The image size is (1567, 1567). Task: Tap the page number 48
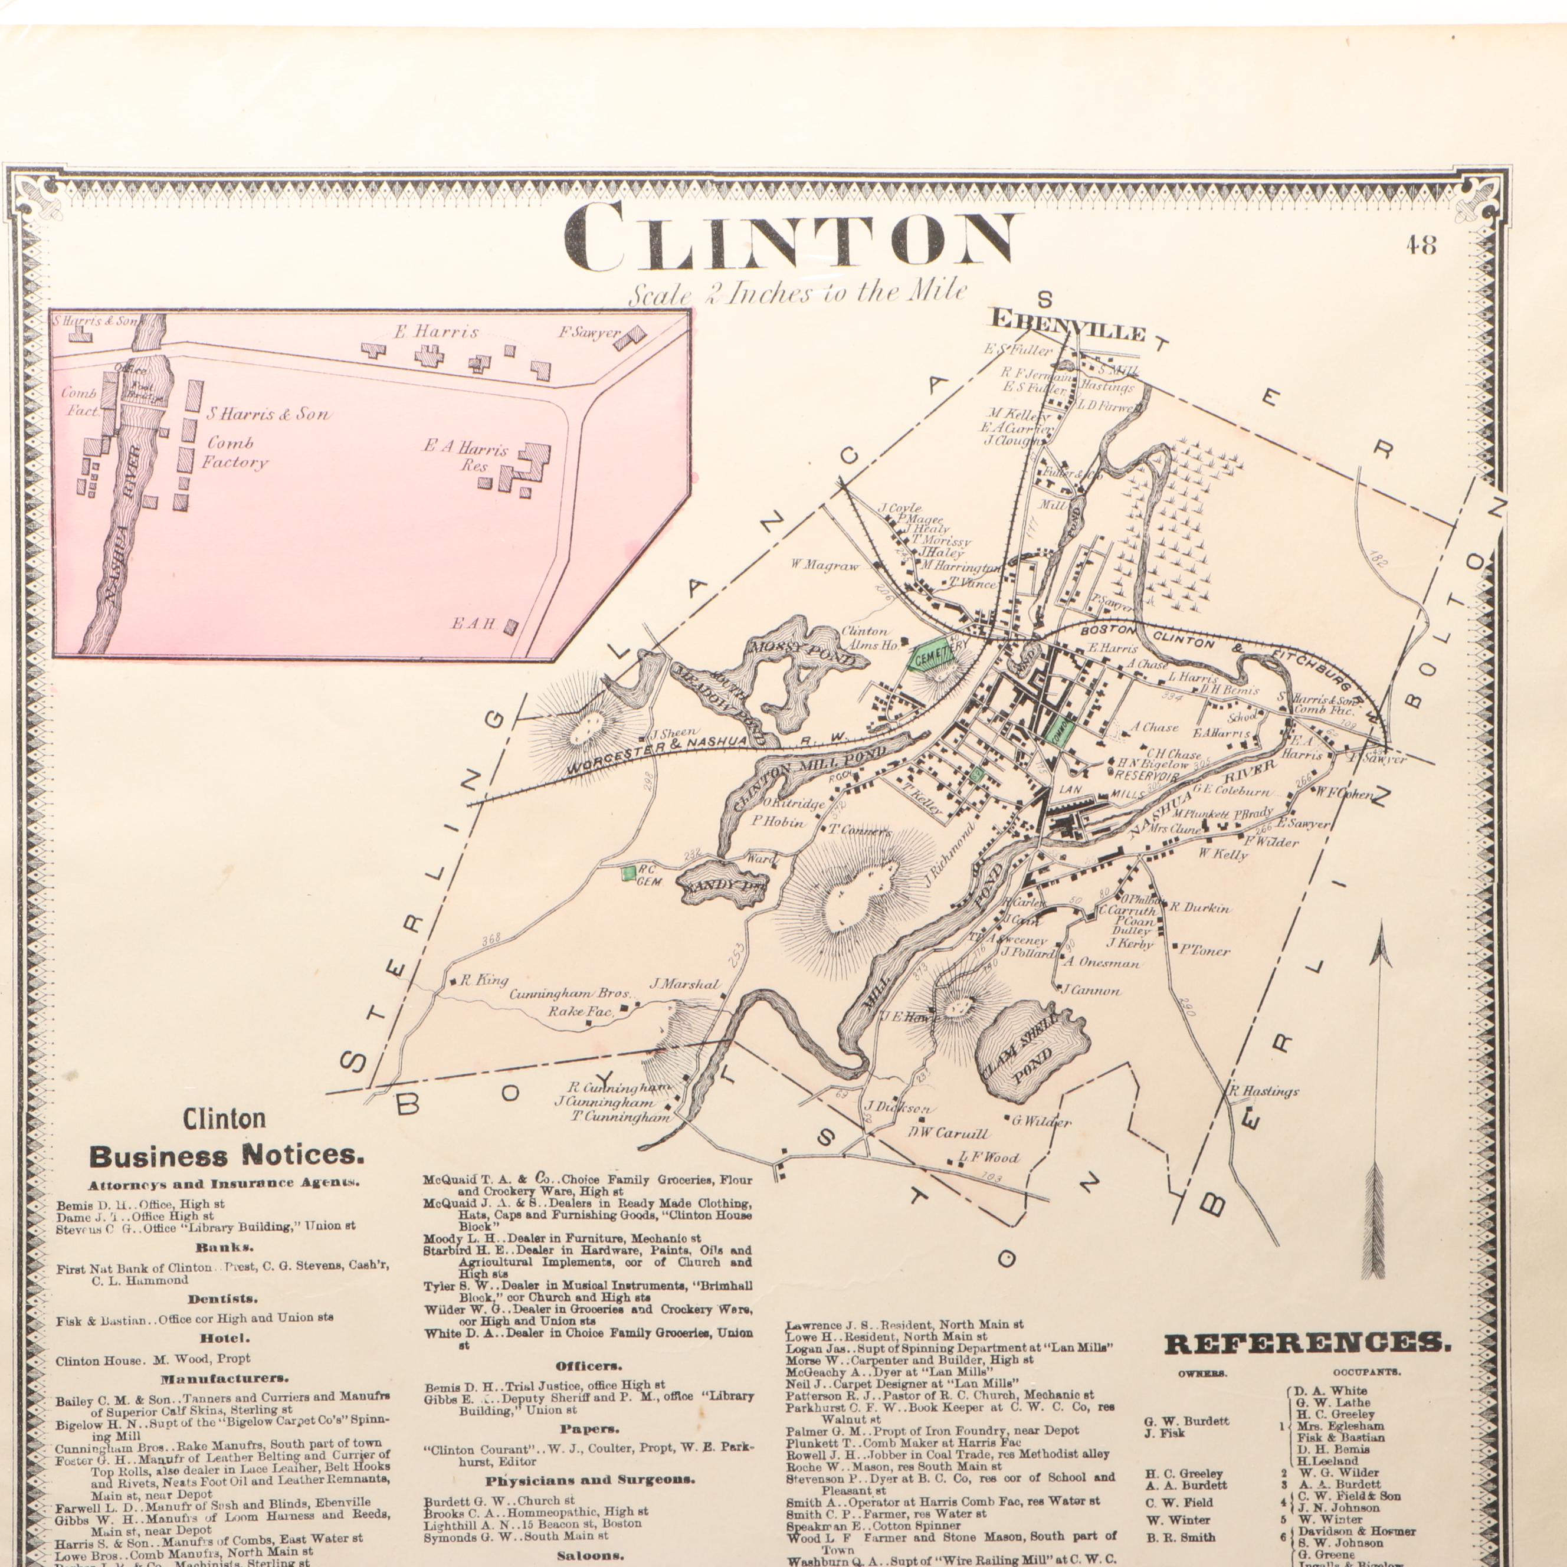coord(1421,245)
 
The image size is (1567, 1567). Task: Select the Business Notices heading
coord(227,1155)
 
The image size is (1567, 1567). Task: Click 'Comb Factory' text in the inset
coord(235,453)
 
